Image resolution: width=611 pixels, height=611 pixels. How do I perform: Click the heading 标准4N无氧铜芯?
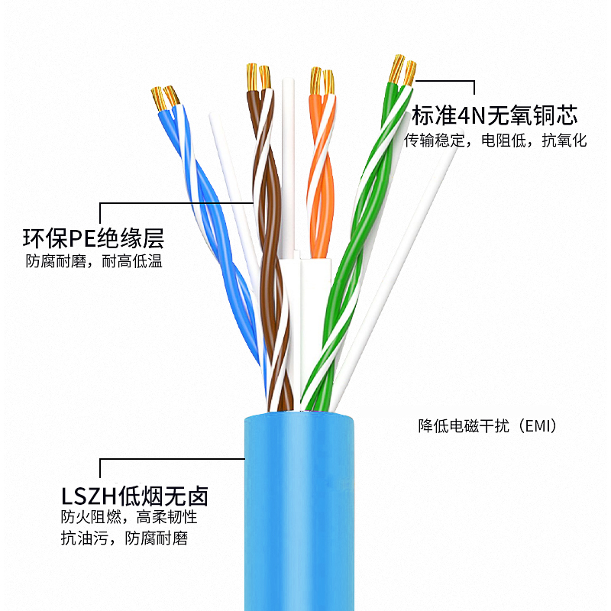(x=494, y=116)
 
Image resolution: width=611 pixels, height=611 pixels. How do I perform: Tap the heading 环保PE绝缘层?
(x=93, y=238)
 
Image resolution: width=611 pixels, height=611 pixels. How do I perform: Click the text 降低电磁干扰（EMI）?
(x=487, y=426)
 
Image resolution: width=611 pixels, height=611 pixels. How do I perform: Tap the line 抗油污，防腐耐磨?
(x=124, y=538)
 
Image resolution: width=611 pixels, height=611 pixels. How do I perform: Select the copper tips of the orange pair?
(x=322, y=80)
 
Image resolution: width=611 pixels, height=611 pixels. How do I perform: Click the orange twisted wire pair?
(x=320, y=176)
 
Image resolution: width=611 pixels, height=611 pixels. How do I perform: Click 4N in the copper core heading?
(x=467, y=116)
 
